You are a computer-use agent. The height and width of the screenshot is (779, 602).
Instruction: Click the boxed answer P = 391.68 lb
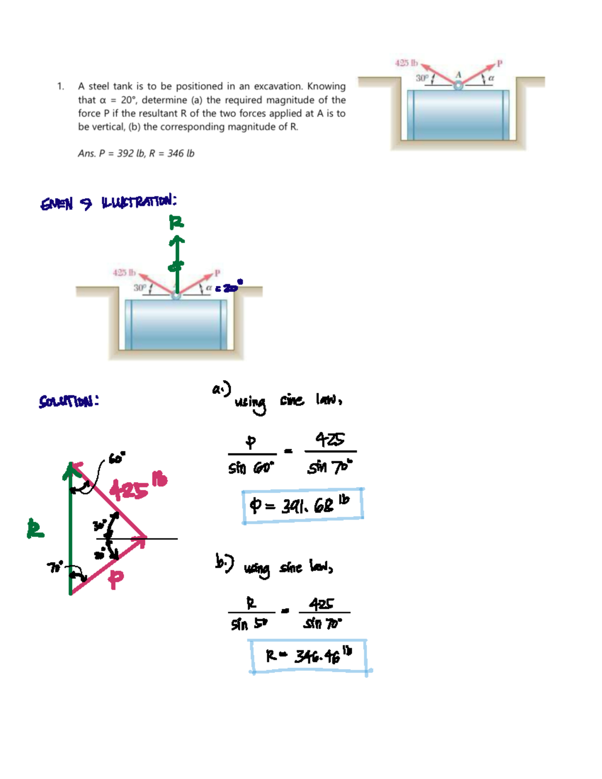303,506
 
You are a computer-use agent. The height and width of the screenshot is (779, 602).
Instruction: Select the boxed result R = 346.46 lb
309,656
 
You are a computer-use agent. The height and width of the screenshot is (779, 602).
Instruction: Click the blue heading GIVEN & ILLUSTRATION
108,203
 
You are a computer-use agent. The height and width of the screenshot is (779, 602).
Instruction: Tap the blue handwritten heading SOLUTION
69,401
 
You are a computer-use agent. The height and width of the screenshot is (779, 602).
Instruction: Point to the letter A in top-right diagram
458,75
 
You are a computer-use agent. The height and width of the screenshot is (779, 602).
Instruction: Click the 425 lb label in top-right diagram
406,63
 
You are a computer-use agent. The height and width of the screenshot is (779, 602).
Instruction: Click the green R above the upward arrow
176,222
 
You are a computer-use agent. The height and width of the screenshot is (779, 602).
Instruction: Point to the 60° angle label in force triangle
117,458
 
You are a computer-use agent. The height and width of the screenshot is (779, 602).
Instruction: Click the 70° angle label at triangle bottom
55,567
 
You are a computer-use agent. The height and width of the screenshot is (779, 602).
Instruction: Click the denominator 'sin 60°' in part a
251,469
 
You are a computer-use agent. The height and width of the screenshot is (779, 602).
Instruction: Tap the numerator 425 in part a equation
330,439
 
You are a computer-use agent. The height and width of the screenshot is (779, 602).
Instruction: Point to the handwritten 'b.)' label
224,563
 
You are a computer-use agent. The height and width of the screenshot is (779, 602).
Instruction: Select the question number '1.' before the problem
61,86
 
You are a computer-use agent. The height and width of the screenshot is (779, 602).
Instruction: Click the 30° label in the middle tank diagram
139,288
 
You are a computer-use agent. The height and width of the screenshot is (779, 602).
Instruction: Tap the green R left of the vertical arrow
35,529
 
